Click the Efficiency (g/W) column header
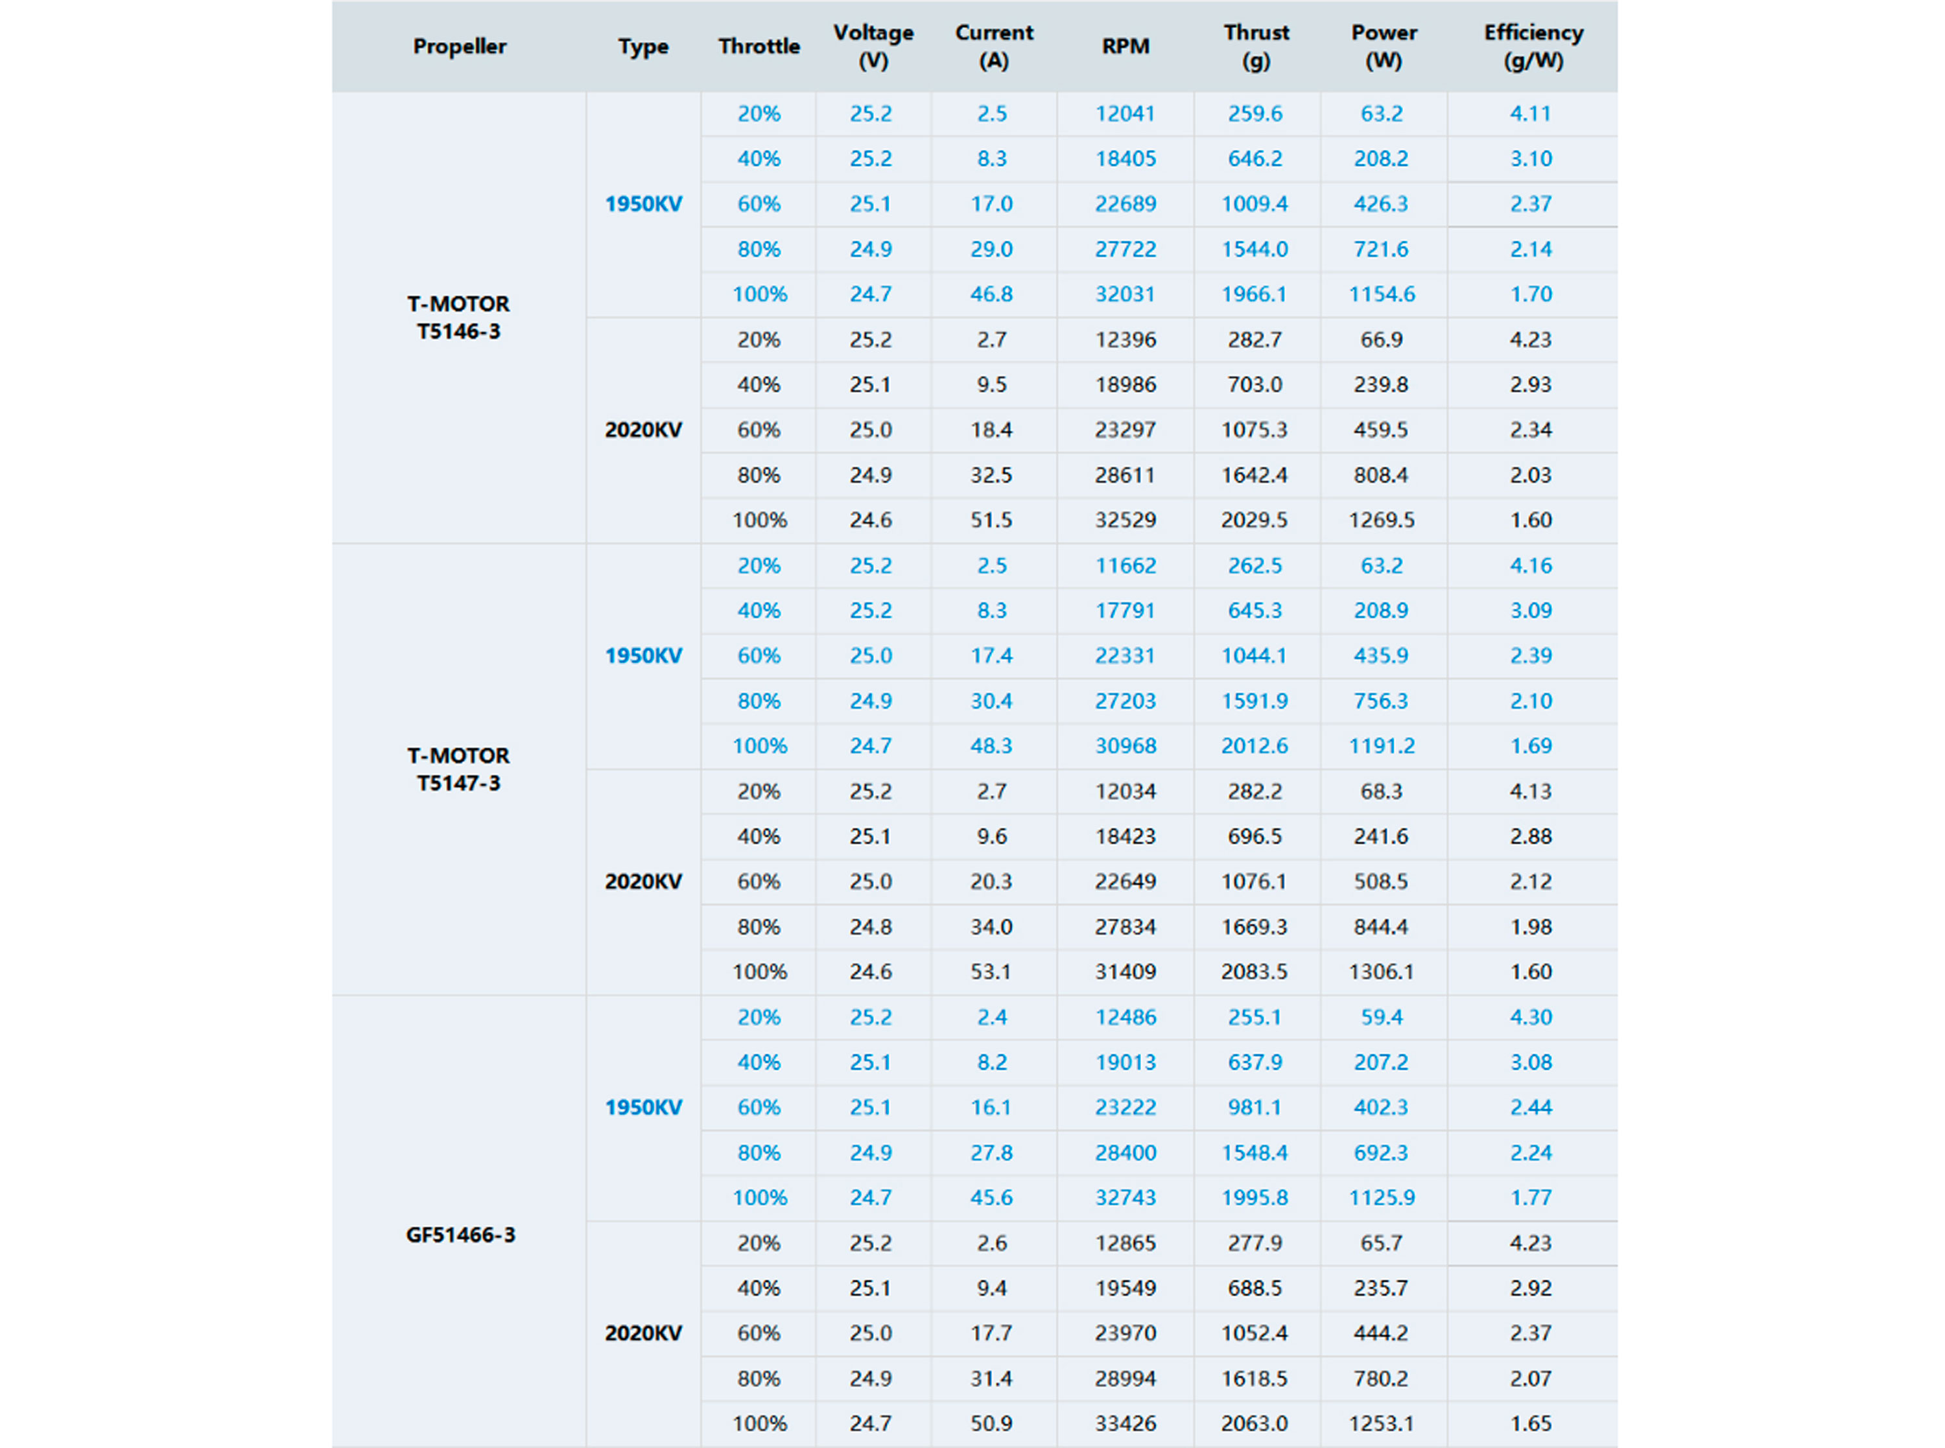pyautogui.click(x=1532, y=47)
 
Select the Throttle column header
pyautogui.click(x=759, y=47)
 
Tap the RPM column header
pyautogui.click(x=1126, y=47)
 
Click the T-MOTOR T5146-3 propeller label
pyautogui.click(x=458, y=318)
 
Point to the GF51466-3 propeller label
pyautogui.click(x=460, y=1235)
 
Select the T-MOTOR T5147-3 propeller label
pyautogui.click(x=458, y=769)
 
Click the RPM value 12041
pyautogui.click(x=1126, y=114)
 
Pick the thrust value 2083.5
pyautogui.click(x=1255, y=971)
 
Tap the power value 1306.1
pyautogui.click(x=1382, y=971)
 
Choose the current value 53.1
pyautogui.click(x=991, y=971)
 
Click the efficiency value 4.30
pyautogui.click(x=1531, y=1017)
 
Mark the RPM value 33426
pyautogui.click(x=1126, y=1423)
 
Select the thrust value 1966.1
pyautogui.click(x=1255, y=294)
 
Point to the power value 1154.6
pyautogui.click(x=1382, y=294)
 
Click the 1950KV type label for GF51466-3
pyautogui.click(x=643, y=1107)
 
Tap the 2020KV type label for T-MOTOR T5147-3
pyautogui.click(x=643, y=882)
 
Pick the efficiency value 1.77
pyautogui.click(x=1531, y=1197)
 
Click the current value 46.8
pyautogui.click(x=991, y=294)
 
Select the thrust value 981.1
pyautogui.click(x=1255, y=1107)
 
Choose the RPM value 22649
pyautogui.click(x=1126, y=882)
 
